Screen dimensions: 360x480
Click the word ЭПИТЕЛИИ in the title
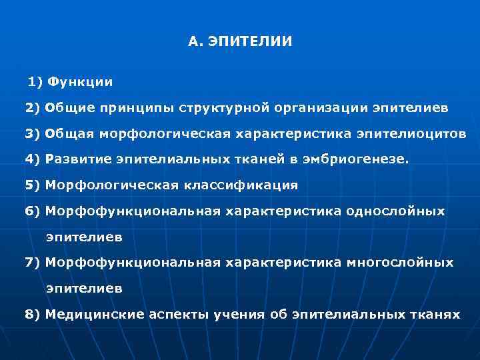(250, 42)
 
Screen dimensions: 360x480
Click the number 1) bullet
(35, 81)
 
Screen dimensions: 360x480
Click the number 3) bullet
(33, 133)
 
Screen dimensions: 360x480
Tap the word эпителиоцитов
(411, 133)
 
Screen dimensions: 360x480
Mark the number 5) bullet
(33, 185)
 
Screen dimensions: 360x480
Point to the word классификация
(249, 185)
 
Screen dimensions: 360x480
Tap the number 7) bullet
(33, 263)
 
